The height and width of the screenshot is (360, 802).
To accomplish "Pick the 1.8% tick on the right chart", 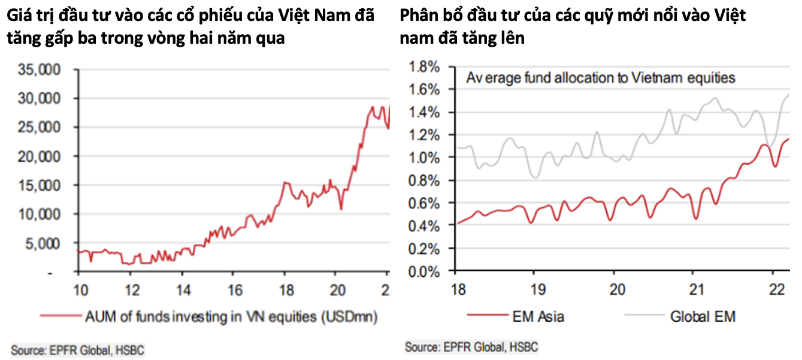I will [424, 66].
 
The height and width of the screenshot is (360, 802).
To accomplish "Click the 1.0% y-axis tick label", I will [424, 158].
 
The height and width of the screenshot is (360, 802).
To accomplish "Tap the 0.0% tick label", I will [424, 271].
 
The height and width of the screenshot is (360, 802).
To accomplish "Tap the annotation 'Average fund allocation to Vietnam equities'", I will [601, 78].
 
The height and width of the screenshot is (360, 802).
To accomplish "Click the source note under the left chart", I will [78, 349].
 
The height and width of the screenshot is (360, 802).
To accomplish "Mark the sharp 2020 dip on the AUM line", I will [341, 209].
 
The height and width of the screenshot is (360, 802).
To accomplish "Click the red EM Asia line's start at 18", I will [457, 223].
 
